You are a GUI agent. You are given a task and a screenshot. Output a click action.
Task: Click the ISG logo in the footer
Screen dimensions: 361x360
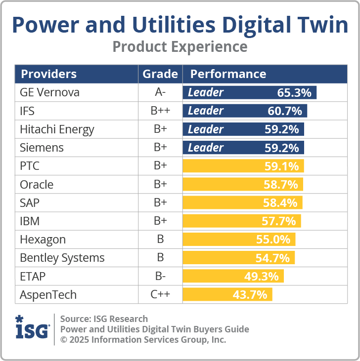32,327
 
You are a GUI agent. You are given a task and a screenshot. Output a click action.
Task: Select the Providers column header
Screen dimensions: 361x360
48,74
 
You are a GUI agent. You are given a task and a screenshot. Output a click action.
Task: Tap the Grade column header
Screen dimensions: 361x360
160,74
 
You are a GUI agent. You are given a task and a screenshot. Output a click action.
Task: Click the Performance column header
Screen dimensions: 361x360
228,74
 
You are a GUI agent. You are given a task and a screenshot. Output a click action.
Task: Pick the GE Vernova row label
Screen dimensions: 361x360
49,92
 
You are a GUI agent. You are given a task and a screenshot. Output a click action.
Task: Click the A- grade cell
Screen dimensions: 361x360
160,92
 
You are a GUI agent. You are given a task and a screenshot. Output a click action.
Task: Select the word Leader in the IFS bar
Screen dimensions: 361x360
206,111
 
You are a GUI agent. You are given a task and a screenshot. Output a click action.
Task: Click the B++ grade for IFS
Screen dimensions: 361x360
160,111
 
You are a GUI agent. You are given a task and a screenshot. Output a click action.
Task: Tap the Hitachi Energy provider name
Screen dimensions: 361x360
57,129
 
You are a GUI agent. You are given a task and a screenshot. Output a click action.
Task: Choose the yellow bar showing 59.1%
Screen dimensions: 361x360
243,166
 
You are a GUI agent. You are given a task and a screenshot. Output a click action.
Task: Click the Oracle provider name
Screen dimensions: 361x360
37,185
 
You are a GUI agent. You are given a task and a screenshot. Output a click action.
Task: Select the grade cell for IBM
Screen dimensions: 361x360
160,221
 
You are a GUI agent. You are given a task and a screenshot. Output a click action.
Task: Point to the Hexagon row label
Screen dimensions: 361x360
43,240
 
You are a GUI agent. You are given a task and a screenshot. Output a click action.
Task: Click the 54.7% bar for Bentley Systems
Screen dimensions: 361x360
239,258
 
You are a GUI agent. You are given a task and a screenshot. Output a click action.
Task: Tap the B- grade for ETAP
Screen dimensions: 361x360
160,276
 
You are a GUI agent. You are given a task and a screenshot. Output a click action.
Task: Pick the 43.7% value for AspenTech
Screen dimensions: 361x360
250,295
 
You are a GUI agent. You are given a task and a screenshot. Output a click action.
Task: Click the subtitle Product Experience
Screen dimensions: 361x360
180,46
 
